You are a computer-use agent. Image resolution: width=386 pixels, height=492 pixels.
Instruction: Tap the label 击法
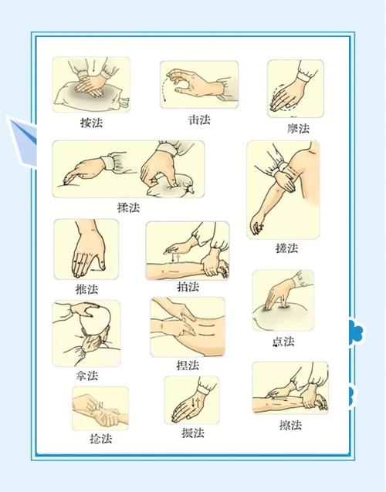199,120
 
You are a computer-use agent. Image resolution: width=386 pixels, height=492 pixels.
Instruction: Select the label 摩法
298,128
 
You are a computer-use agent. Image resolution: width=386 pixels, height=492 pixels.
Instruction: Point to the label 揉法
129,208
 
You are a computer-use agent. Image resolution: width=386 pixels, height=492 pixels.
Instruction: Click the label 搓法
286,248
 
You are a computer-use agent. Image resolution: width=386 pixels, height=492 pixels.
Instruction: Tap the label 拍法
188,287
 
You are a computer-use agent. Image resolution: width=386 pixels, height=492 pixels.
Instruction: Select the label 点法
283,342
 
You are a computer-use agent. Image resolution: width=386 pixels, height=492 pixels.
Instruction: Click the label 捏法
188,365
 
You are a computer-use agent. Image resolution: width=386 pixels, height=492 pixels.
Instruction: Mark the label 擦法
290,425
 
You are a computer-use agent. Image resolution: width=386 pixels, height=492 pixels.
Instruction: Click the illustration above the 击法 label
199,85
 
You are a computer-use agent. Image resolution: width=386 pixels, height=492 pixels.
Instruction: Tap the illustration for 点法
283,301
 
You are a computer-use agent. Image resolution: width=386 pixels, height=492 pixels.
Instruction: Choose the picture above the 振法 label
191,399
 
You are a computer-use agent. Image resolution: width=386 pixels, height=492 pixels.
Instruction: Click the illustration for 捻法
100,408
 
